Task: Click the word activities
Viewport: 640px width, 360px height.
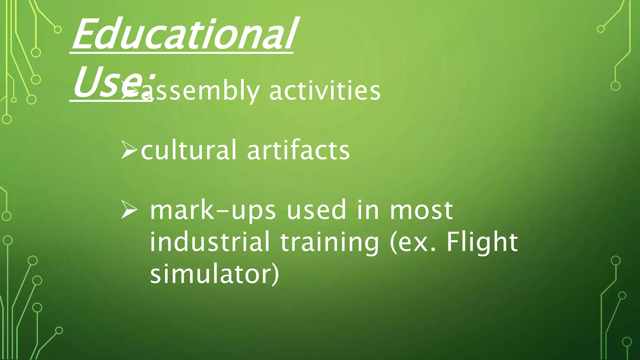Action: (324, 91)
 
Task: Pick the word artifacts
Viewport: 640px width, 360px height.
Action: (298, 150)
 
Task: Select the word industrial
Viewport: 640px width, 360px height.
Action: (210, 242)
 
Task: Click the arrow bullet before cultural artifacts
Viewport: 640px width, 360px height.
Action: (129, 150)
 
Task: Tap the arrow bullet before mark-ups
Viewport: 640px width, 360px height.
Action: (129, 210)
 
